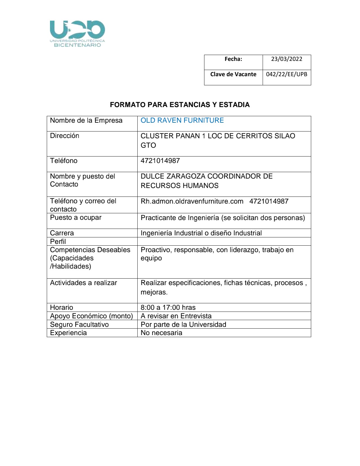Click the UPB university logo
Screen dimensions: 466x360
pyautogui.click(x=77, y=34)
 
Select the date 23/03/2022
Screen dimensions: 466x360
pyautogui.click(x=286, y=59)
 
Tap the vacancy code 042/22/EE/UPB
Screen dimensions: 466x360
pyautogui.click(x=286, y=74)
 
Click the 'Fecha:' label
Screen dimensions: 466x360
pyautogui.click(x=233, y=59)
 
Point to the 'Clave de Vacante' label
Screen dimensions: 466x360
pyautogui.click(x=233, y=74)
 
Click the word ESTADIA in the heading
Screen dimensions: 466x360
pyautogui.click(x=234, y=105)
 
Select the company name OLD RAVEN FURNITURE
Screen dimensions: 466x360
pyautogui.click(x=182, y=120)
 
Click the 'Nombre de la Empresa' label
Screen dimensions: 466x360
pyautogui.click(x=86, y=120)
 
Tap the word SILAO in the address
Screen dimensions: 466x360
pyautogui.click(x=285, y=136)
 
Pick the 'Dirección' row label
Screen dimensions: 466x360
pyautogui.click(x=65, y=136)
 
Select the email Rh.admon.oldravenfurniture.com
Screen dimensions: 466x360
pyautogui.click(x=192, y=201)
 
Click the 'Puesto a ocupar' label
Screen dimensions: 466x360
pyautogui.click(x=76, y=218)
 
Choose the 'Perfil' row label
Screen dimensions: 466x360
pyautogui.click(x=58, y=242)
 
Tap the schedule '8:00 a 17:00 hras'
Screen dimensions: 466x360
pyautogui.click(x=168, y=307)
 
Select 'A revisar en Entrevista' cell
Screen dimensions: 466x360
pyautogui.click(x=176, y=316)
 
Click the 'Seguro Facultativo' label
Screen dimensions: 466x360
pyautogui.click(x=79, y=324)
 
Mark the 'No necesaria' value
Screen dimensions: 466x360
pyautogui.click(x=161, y=333)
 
